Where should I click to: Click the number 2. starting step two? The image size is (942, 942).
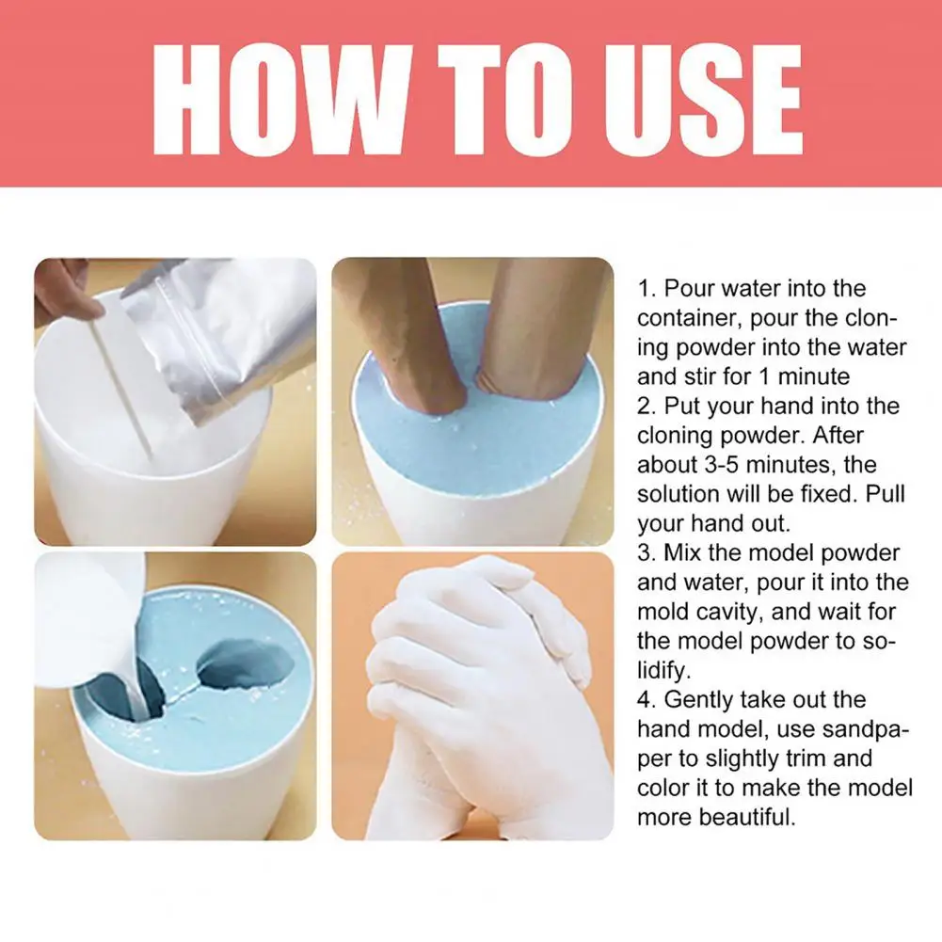(646, 407)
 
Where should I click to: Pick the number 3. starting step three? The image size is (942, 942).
(646, 553)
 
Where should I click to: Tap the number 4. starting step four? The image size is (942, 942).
(646, 700)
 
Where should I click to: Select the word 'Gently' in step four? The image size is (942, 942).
(697, 700)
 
